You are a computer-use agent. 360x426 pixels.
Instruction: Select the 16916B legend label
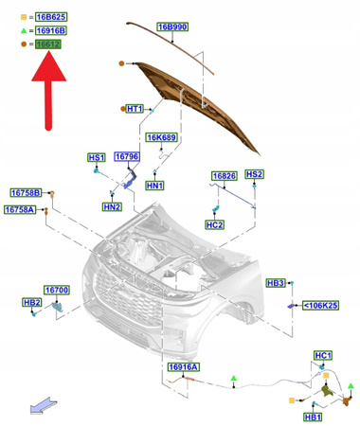coord(51,30)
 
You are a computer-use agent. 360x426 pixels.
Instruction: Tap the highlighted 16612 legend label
coord(49,44)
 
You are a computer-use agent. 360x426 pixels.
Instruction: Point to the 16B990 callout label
coord(171,27)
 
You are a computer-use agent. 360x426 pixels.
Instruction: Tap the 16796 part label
coord(127,157)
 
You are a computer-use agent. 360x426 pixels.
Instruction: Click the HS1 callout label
coord(96,157)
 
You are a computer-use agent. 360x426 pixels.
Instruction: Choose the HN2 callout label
coord(112,206)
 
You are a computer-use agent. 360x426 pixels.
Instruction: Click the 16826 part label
coord(224,176)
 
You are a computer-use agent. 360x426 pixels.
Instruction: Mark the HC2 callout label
coord(214,224)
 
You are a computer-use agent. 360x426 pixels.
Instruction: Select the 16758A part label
coord(19,209)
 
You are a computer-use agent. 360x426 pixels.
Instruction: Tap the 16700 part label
coord(57,290)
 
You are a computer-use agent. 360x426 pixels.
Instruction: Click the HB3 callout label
coord(276,283)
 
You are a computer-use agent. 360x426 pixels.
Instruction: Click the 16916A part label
coord(184,366)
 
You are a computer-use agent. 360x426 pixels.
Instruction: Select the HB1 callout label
coord(312,417)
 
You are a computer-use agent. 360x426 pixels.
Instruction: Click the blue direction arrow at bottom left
coord(41,406)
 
